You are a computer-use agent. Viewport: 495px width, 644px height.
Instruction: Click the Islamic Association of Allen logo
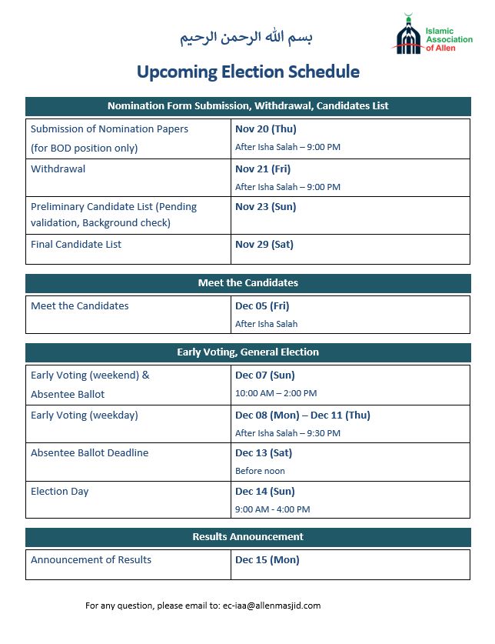(432, 35)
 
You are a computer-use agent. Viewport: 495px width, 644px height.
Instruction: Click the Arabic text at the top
(247, 37)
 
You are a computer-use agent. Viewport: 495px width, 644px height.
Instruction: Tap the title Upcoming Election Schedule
(247, 72)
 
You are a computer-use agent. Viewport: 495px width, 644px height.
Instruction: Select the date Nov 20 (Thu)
(265, 128)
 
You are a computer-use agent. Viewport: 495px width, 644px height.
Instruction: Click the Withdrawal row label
(58, 169)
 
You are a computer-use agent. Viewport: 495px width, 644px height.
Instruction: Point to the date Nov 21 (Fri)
(262, 169)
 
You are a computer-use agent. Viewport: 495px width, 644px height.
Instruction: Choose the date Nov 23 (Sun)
(265, 206)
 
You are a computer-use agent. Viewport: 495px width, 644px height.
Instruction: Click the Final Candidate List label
(76, 244)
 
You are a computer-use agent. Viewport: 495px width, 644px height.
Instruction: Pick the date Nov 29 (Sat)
(264, 244)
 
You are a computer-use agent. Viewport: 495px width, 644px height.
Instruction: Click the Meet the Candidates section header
(247, 282)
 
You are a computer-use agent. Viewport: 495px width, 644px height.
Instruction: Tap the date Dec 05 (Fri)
(262, 305)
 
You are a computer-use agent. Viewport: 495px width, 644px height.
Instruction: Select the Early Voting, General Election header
(247, 352)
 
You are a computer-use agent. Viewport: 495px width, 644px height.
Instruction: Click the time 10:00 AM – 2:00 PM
(276, 393)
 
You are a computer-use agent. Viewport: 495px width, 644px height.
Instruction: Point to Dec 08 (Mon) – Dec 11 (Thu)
(302, 415)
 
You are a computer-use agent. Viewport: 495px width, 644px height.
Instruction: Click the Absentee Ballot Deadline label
(89, 452)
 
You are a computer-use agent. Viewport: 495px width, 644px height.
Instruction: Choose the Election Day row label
(60, 491)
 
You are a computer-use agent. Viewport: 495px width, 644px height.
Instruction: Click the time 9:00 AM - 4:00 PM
(272, 509)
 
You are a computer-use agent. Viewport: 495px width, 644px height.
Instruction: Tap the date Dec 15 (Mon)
(267, 559)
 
